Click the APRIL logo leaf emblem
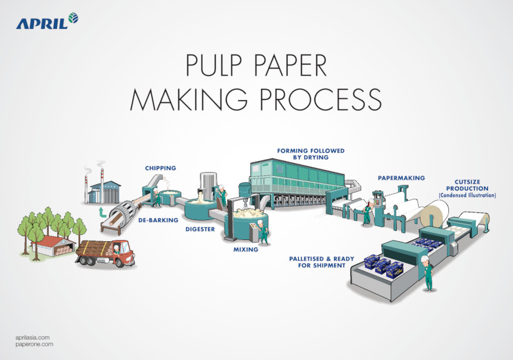click(x=73, y=18)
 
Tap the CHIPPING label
click(x=160, y=168)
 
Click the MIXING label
click(x=246, y=249)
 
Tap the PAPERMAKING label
click(x=401, y=178)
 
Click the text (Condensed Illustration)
click(x=467, y=194)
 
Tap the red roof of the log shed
click(x=49, y=239)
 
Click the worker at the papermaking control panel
click(x=366, y=212)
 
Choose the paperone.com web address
click(x=33, y=345)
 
